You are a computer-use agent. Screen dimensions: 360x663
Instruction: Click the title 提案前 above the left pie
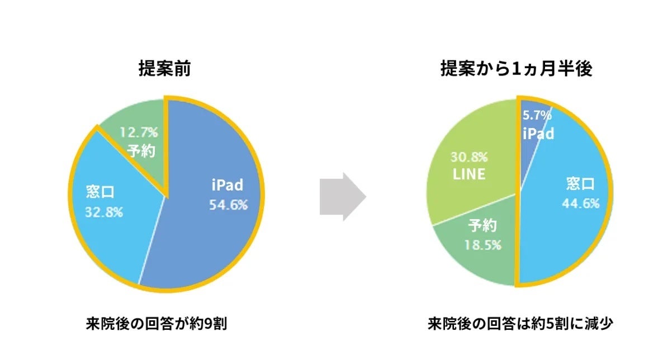(165, 69)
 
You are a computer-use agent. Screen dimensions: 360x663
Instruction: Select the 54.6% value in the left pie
(228, 205)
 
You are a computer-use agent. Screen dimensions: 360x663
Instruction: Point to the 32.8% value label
(104, 212)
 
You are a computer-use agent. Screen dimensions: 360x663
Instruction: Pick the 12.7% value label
(139, 132)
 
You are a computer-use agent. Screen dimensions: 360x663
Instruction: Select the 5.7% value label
(537, 116)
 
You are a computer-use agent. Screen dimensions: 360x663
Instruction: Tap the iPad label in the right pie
(538, 134)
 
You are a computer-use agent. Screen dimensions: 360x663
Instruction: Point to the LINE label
(468, 174)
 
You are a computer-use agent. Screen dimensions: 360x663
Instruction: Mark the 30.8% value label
(468, 156)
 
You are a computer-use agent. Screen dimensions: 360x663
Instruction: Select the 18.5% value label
(483, 245)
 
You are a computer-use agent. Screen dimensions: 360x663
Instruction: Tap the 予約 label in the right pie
(482, 226)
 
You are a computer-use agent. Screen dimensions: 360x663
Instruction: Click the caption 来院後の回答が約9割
(157, 324)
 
